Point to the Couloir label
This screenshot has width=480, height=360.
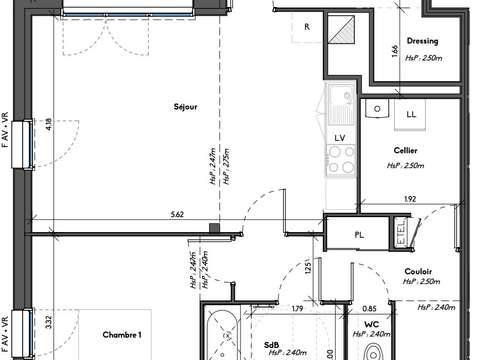(418, 270)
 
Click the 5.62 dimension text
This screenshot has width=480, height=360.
(177, 214)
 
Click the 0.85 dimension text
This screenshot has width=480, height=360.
(369, 308)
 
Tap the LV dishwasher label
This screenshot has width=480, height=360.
(340, 137)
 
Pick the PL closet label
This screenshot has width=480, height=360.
(358, 236)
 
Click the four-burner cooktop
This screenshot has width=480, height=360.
(340, 158)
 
